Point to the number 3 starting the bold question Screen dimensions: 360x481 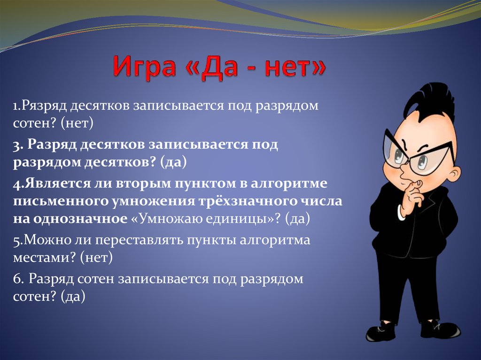[16, 145]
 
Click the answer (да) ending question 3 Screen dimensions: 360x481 [173, 162]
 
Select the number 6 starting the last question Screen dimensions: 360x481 [17, 279]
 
